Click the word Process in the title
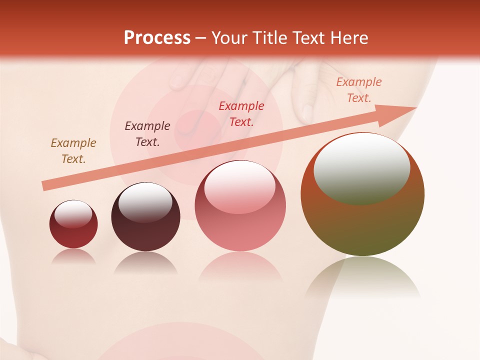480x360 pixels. coord(157,38)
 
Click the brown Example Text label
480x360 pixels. coord(73,150)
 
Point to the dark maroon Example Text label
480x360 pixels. coord(147,133)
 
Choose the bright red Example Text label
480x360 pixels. coord(241,113)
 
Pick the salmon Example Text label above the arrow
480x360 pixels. coord(358,90)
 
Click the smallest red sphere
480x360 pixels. coord(73,231)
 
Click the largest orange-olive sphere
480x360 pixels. coord(362,220)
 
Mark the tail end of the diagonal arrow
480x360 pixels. coord(44,186)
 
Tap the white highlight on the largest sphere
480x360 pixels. coord(362,167)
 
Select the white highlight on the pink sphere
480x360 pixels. coord(239,188)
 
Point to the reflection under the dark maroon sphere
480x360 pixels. coord(145,263)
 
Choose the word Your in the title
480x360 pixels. coord(230,38)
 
